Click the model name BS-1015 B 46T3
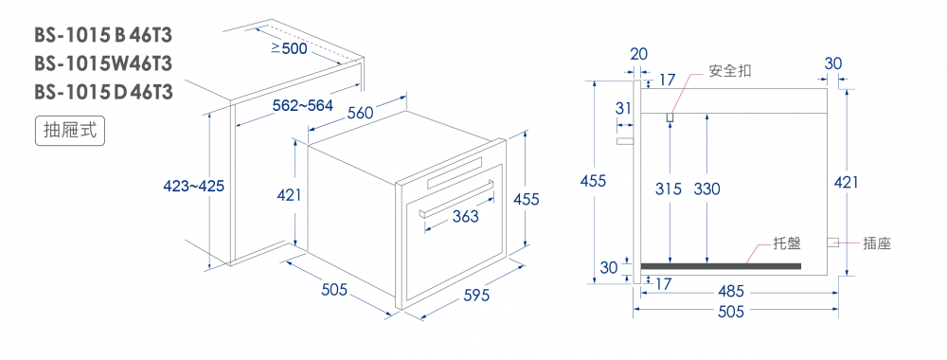pos(103,36)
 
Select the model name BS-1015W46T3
pos(103,63)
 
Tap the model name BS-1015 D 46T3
pos(103,92)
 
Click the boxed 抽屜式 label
pos(70,131)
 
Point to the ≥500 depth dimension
pos(289,47)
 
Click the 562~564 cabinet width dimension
pos(303,106)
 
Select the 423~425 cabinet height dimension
pos(194,187)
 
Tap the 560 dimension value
pos(361,113)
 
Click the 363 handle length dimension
pos(465,216)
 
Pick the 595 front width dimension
pos(476,296)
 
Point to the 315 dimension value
pos(669,189)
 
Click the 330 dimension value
pos(706,189)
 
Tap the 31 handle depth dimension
pos(623,109)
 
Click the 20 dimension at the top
pos(638,54)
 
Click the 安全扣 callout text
pos(730,71)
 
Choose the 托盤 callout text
pos(787,243)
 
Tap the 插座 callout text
pos(877,243)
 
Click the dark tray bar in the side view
pos(721,266)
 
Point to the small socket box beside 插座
pos(832,243)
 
